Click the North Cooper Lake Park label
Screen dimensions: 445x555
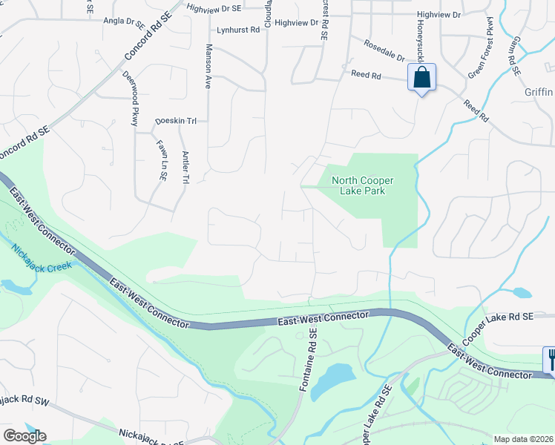362,185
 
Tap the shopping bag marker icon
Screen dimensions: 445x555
421,78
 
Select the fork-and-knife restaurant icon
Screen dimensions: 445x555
551,360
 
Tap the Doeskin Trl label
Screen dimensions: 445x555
175,121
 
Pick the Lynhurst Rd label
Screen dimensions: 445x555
239,30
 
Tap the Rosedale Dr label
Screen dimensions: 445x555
384,50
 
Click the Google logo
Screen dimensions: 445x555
24,435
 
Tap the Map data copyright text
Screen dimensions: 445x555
523,438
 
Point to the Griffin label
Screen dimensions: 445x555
538,93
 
